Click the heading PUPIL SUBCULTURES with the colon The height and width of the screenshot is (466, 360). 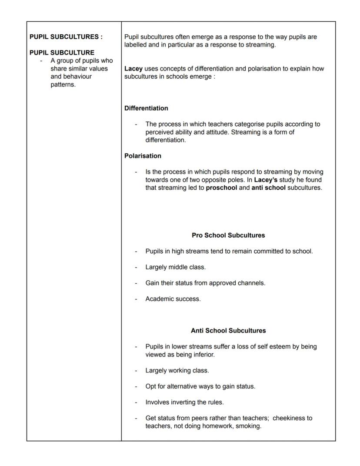coord(66,37)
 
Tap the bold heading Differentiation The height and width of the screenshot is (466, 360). coord(146,108)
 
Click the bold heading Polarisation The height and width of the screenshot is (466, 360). coord(143,156)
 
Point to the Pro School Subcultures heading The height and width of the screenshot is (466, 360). coord(228,235)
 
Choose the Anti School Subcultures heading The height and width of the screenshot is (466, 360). coord(228,330)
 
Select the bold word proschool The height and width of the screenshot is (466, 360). coord(221,188)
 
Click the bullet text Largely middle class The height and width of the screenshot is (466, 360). coord(176,267)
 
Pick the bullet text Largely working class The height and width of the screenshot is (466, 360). coord(177,370)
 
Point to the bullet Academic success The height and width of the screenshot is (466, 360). coord(173,299)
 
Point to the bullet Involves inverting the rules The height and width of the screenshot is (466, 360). coord(184,402)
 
